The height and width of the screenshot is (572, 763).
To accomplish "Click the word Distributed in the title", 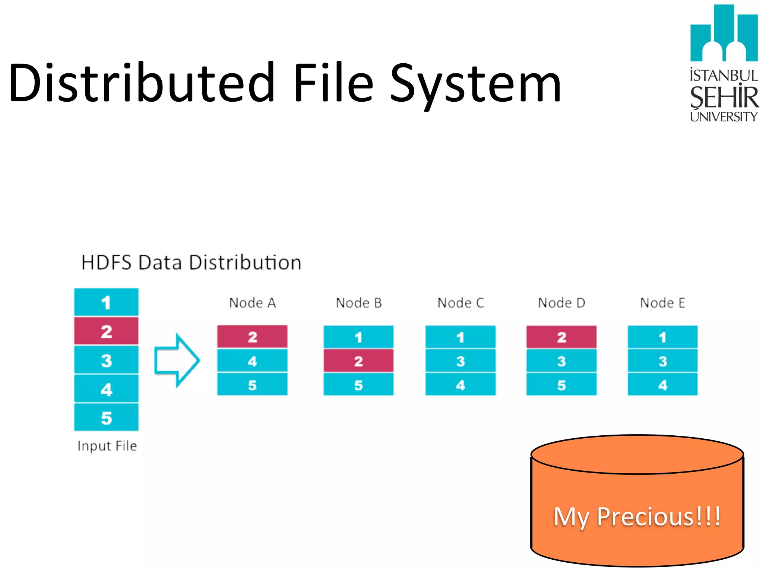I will (142, 83).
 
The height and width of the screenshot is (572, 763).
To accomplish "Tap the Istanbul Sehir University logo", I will (724, 63).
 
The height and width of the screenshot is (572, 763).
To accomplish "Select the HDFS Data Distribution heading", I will (191, 263).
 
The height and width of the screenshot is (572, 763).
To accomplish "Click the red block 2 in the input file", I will (106, 331).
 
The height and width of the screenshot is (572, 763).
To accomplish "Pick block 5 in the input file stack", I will (106, 417).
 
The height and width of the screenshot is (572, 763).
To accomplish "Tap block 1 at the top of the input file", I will (106, 302).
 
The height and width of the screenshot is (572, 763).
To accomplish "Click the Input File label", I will (107, 446).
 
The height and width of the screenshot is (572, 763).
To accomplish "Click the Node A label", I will (252, 303).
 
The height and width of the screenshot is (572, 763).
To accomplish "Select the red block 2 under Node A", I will (252, 337).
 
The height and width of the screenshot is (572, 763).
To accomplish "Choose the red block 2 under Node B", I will (358, 361).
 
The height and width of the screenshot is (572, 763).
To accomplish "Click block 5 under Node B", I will (358, 385).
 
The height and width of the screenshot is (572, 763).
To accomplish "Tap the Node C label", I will (460, 303).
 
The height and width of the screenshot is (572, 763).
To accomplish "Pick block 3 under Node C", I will (460, 361).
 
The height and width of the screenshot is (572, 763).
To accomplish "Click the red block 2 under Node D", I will (561, 337).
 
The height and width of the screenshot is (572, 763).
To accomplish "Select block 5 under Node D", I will (561, 385).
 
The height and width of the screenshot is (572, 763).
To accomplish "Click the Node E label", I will (662, 303).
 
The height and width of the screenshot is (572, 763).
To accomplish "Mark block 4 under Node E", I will (662, 385).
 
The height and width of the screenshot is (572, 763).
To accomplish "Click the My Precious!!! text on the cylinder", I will (637, 517).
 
